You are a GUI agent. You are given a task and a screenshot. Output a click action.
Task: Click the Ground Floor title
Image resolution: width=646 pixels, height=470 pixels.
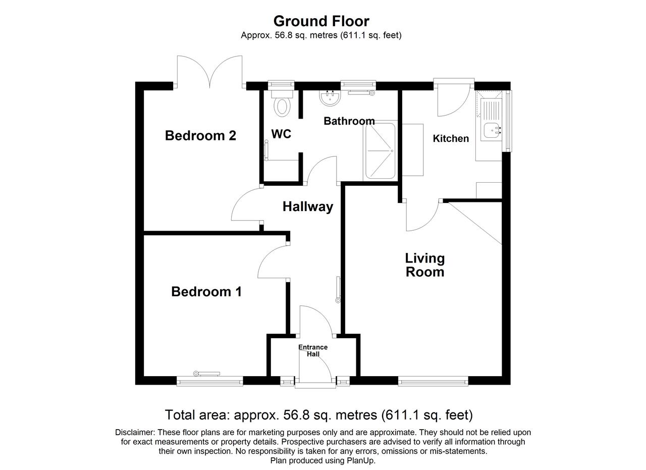pyautogui.click(x=321, y=21)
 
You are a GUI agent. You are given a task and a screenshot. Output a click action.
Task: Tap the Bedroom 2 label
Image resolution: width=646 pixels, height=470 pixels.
pyautogui.click(x=200, y=136)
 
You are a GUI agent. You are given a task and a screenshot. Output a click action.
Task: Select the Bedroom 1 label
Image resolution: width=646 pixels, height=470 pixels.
pyautogui.click(x=206, y=292)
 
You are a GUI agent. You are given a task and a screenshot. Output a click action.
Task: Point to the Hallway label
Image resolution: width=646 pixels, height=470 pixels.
pyautogui.click(x=308, y=207)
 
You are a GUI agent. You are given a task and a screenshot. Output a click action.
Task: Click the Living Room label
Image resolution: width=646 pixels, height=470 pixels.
pyautogui.click(x=425, y=265)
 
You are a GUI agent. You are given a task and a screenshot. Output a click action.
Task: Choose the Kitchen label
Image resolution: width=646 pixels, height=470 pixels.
pyautogui.click(x=451, y=138)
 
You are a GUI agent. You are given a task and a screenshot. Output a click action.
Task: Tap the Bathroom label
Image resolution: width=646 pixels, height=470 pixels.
pyautogui.click(x=349, y=121)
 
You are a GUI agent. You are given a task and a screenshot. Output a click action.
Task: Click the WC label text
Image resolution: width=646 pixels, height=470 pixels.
pyautogui.click(x=281, y=134)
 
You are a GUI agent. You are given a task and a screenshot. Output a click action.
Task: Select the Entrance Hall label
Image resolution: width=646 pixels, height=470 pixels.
pyautogui.click(x=313, y=350)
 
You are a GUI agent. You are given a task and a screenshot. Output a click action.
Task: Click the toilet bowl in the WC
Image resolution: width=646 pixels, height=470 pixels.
pyautogui.click(x=282, y=107)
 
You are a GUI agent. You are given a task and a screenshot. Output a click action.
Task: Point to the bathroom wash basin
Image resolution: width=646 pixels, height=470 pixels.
pyautogui.click(x=330, y=98)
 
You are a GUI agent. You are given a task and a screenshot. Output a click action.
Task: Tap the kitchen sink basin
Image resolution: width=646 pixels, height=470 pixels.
pyautogui.click(x=491, y=130)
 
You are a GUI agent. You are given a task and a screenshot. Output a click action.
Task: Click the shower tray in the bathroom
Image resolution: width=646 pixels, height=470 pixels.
pyautogui.click(x=381, y=150)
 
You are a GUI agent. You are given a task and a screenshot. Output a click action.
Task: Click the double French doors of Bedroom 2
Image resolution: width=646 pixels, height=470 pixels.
pyautogui.click(x=209, y=72)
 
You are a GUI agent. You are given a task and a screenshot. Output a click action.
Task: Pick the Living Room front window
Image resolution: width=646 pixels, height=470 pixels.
pyautogui.click(x=433, y=382)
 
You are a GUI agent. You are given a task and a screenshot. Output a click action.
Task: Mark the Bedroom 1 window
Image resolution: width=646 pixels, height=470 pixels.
pyautogui.click(x=209, y=382)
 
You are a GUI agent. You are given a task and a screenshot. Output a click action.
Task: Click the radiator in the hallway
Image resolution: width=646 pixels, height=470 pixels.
pyautogui.click(x=338, y=289)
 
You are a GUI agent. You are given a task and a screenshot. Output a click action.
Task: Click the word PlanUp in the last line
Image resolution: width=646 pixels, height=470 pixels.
pyautogui.click(x=364, y=461)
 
